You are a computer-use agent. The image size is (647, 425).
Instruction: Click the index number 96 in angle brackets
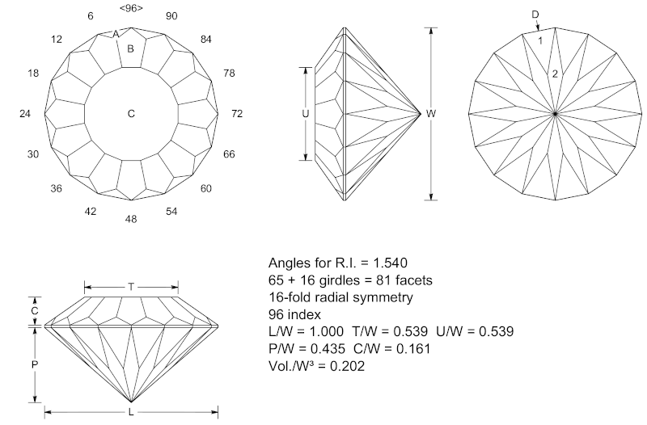131,8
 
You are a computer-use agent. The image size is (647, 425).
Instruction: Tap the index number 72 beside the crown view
237,114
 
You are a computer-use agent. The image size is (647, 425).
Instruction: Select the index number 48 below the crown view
131,219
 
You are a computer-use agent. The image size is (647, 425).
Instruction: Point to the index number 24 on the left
25,114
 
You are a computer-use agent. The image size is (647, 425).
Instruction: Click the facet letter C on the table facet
131,114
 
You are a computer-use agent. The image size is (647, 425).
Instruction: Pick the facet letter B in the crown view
130,49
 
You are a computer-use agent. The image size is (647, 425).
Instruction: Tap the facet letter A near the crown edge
116,34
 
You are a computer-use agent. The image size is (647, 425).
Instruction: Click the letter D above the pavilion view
535,15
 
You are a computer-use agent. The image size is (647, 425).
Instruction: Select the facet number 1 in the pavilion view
540,41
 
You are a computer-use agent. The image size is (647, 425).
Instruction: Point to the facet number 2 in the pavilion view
555,74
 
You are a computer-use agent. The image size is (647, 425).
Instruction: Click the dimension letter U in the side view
306,114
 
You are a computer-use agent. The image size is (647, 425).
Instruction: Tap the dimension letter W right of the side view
431,114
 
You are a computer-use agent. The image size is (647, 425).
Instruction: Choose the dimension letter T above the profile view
131,287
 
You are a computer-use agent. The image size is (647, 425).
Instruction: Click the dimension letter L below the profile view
131,412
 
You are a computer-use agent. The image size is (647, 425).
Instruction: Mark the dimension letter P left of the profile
35,364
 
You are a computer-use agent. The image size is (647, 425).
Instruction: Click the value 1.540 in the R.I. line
391,263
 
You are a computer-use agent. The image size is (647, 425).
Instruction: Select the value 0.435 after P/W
328,349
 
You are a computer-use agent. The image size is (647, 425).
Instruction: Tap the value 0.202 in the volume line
347,366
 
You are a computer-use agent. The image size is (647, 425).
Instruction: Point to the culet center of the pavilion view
556,113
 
